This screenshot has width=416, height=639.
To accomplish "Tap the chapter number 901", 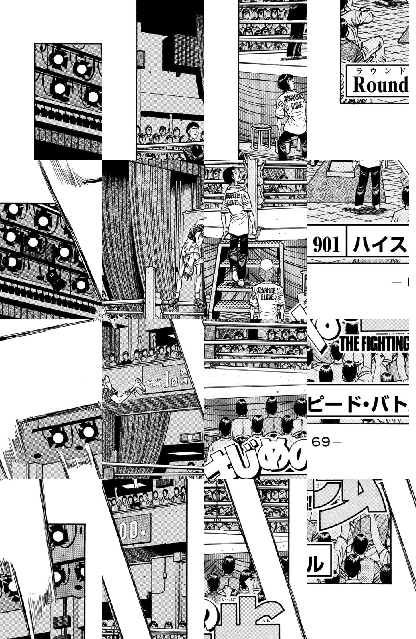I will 326,245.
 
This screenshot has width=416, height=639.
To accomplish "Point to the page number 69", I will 321,442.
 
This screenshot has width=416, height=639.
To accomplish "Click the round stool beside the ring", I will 261,136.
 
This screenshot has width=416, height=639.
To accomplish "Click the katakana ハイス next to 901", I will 379,245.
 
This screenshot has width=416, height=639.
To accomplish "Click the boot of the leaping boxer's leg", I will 140,384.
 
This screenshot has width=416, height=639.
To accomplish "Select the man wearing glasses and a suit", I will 194,138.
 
